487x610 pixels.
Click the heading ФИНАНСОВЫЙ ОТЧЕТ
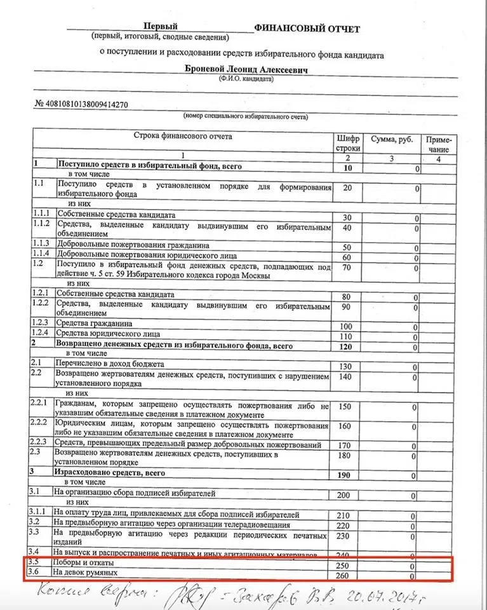[x=307, y=29]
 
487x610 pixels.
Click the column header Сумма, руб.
[x=392, y=139]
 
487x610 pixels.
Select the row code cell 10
[x=347, y=168]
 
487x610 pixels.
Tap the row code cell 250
[x=343, y=565]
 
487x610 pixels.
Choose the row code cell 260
[x=343, y=576]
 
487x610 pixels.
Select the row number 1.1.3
[x=42, y=245]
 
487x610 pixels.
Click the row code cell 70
[x=347, y=268]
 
